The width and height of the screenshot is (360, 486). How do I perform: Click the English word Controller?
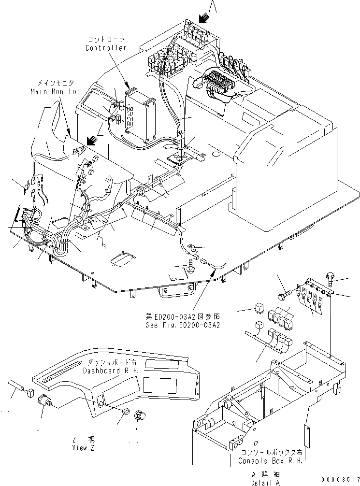coord(106,48)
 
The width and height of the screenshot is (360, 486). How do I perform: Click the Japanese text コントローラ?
coord(106,40)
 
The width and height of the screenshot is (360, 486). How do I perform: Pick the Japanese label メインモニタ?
coord(51,83)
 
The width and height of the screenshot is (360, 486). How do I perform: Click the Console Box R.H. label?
coord(270,461)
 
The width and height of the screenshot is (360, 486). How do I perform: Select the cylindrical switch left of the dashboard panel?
coord(47,400)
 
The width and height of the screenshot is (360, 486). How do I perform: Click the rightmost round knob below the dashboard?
coord(140,415)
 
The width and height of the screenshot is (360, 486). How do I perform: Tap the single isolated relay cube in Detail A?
coord(259,310)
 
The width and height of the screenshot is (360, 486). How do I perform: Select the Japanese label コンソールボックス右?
coord(270,453)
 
